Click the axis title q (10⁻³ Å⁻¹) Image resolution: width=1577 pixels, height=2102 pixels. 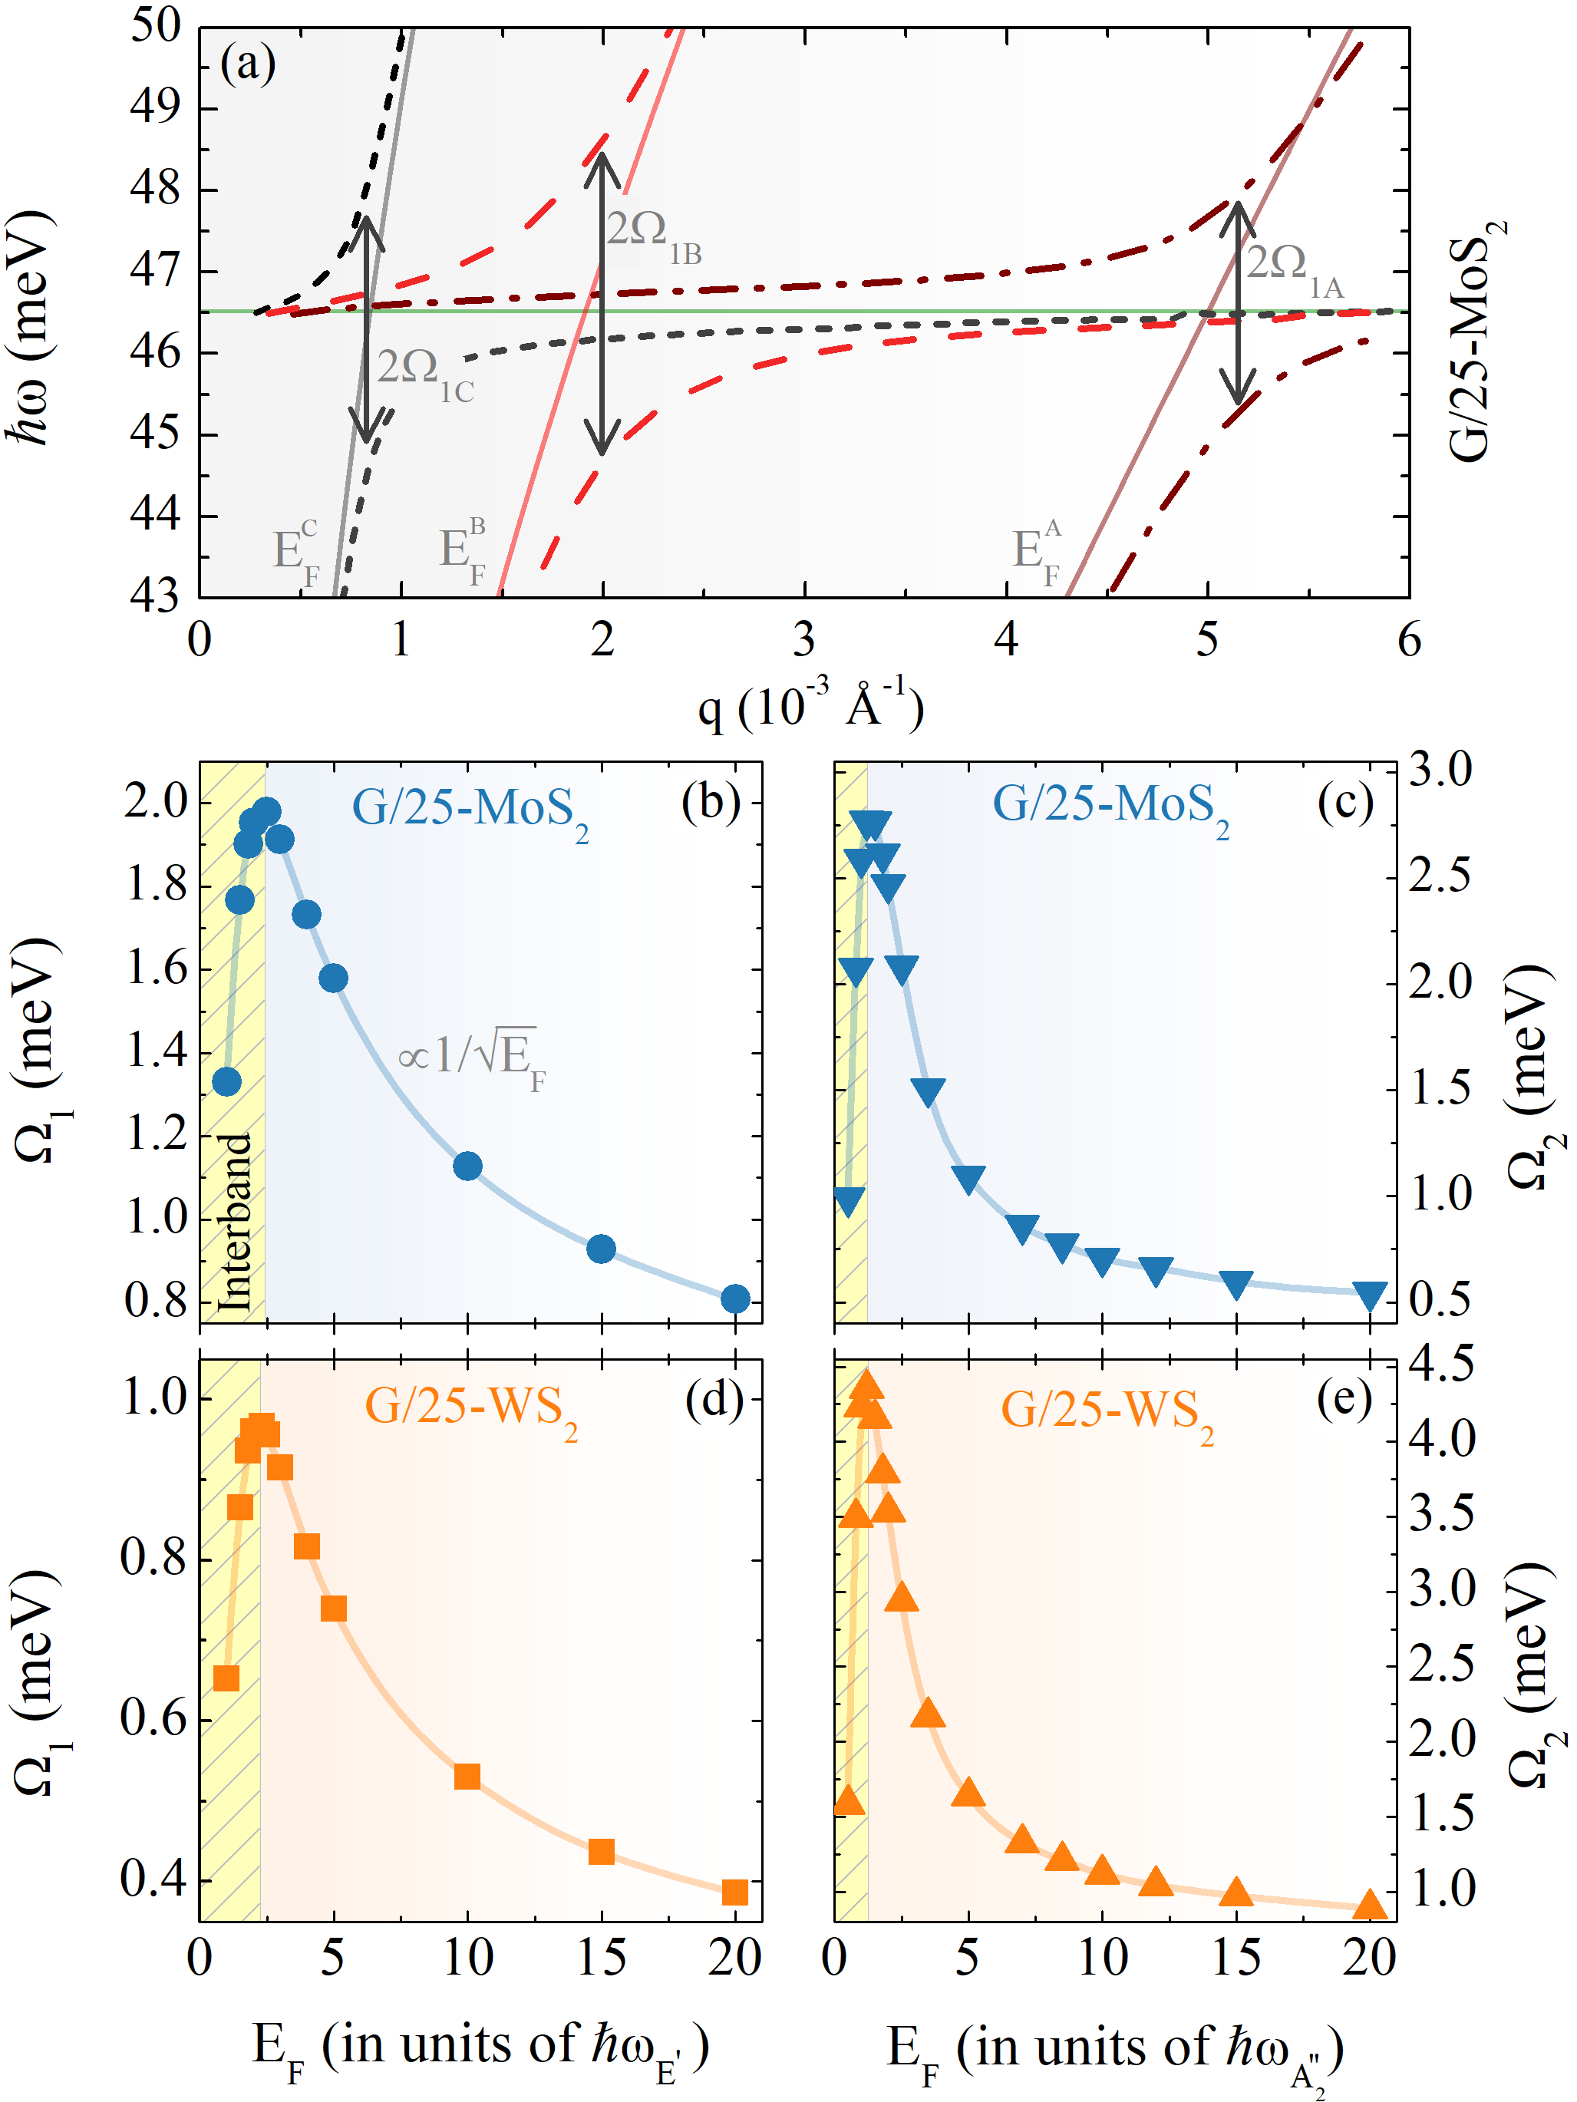pos(810,705)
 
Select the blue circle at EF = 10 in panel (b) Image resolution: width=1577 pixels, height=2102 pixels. pos(467,1166)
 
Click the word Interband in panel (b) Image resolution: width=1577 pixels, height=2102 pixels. pos(234,1222)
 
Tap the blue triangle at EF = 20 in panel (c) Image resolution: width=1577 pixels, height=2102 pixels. pos(1370,1294)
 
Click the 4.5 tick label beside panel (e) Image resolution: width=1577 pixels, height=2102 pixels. pos(1441,1364)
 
